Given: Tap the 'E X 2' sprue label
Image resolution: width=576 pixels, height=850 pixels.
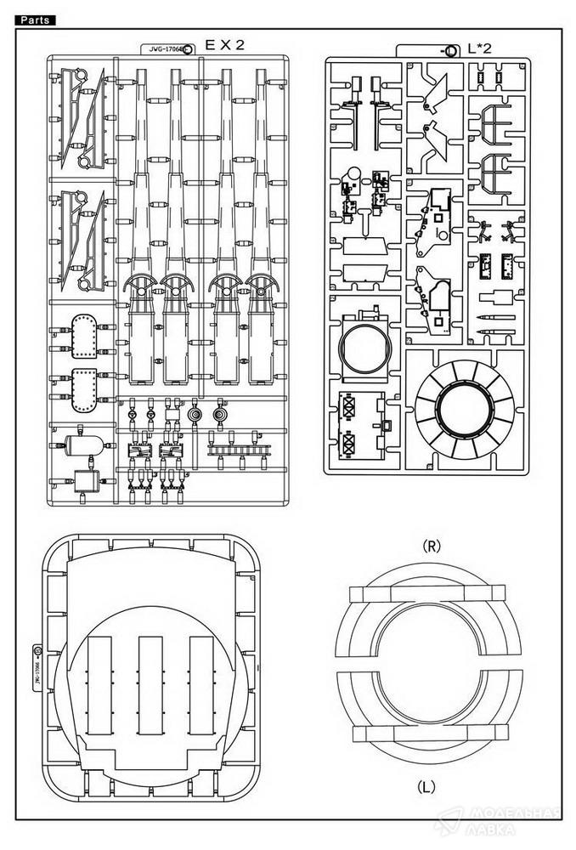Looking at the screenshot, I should click(223, 46).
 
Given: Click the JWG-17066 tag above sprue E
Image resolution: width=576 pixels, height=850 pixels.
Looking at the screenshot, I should click(165, 50).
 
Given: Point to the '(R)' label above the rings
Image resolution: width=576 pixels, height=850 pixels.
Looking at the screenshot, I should click(431, 547).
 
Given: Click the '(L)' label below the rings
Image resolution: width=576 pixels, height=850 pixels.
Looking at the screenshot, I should click(427, 787).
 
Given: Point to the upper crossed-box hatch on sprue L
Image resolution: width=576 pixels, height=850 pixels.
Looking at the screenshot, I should click(347, 407).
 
